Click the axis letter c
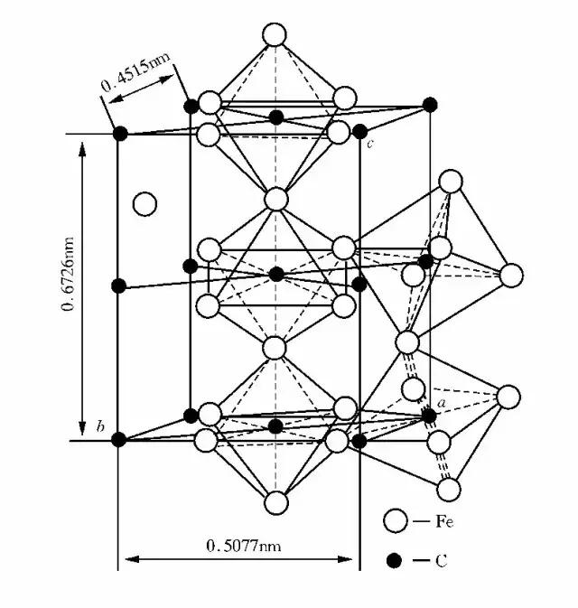click(x=369, y=145)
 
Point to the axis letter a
click(x=443, y=400)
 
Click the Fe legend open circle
click(x=394, y=521)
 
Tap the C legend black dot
click(x=394, y=561)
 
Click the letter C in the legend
click(x=442, y=561)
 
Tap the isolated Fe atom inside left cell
click(x=144, y=203)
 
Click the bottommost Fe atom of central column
click(x=275, y=502)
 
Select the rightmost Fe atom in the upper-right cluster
click(x=512, y=275)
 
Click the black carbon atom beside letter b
click(x=118, y=439)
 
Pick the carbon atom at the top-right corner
click(x=430, y=105)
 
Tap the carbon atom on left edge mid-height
click(x=118, y=286)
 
